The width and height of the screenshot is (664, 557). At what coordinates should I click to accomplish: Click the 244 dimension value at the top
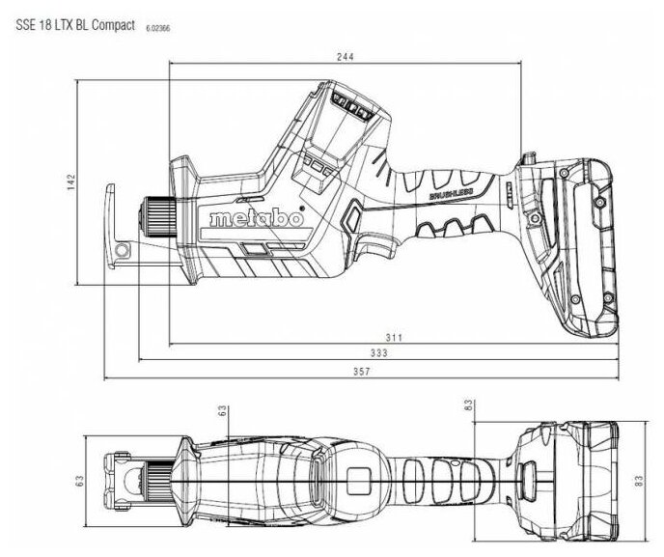[x=346, y=56]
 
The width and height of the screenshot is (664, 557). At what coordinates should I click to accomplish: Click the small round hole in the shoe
[x=123, y=252]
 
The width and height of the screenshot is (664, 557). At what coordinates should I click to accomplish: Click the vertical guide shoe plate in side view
[x=114, y=226]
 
